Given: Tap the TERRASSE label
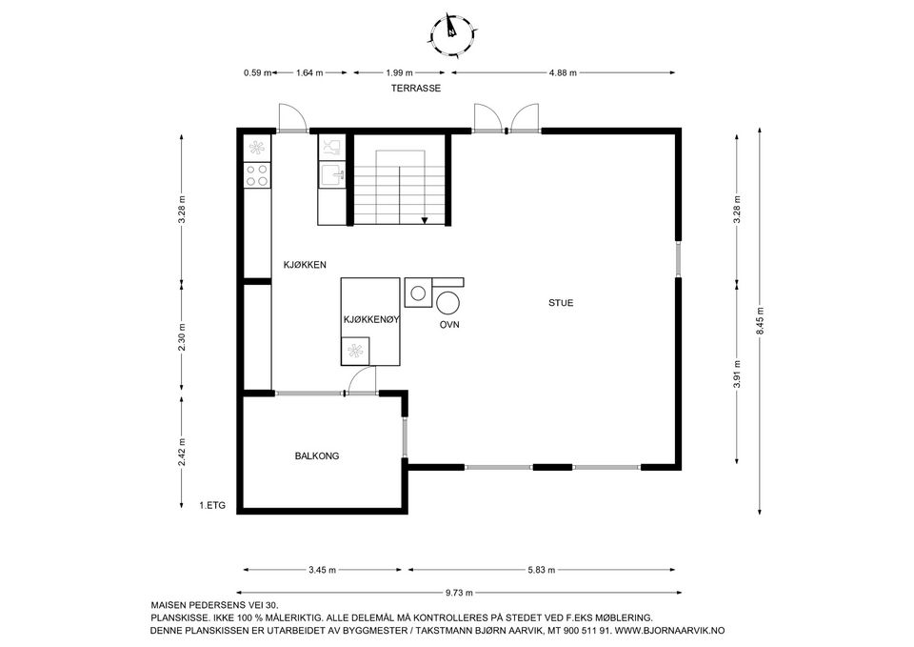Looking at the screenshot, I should tap(416, 88).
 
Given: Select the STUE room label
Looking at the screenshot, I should tap(560, 303).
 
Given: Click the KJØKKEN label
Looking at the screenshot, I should tap(306, 264).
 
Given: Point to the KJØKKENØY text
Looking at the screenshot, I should tap(370, 321).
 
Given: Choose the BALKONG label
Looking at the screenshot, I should tap(317, 456).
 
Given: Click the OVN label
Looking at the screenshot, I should tap(450, 325).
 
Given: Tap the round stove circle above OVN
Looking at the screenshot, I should tap(447, 303).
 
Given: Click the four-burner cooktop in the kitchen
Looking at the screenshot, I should tap(257, 174).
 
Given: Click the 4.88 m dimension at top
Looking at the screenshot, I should tap(563, 72).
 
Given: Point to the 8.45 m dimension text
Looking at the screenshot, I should tap(760, 321).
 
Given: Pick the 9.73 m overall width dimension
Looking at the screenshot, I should tap(460, 592).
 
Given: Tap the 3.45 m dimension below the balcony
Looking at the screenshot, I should tap(323, 570).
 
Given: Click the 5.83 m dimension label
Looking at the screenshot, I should tap(543, 570).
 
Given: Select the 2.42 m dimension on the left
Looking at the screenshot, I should tap(181, 451).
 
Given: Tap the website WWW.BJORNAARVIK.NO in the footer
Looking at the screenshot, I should tap(670, 631).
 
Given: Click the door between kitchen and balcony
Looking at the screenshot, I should tap(361, 383).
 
